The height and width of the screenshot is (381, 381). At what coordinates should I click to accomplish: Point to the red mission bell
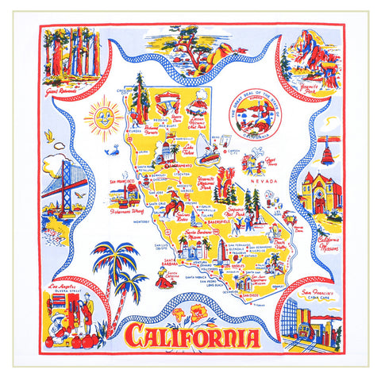pyautogui.click(x=325, y=149)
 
